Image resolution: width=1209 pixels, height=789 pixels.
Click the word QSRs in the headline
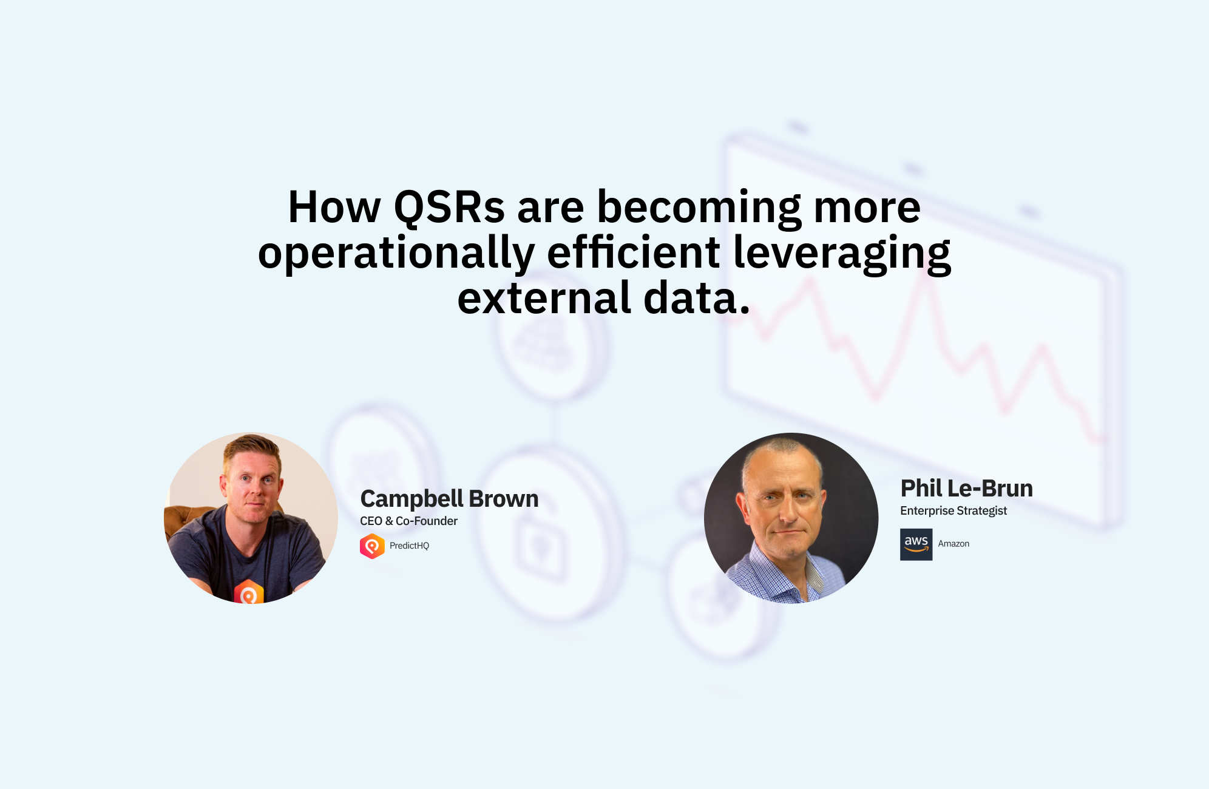click(x=449, y=208)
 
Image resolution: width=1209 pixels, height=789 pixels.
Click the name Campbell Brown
click(x=449, y=499)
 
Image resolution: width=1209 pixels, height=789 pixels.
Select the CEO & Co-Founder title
click(x=408, y=521)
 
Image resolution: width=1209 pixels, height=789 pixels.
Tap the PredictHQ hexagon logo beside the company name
click(x=372, y=546)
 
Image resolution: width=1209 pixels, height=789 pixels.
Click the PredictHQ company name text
click(x=409, y=546)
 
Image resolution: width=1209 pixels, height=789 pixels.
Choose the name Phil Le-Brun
click(x=966, y=488)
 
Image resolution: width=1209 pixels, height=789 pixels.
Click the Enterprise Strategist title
click(x=953, y=511)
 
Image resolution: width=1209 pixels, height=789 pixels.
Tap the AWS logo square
click(x=916, y=544)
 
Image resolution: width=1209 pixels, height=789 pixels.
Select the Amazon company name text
click(x=953, y=544)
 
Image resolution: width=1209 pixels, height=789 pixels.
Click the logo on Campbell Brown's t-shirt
click(x=249, y=592)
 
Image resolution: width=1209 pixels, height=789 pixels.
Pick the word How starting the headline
click(x=334, y=208)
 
